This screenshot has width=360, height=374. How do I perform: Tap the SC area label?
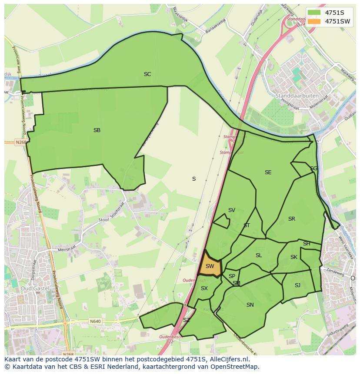147,74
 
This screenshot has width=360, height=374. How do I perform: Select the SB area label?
97,130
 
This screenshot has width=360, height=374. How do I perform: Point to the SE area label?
268,172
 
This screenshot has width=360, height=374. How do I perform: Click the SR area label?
291,219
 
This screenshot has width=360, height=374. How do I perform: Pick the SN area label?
250,305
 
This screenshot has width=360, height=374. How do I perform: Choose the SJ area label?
297,285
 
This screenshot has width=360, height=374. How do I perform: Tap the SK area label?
294,257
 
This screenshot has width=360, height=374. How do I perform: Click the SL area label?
259,255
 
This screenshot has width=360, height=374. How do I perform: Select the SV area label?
231,210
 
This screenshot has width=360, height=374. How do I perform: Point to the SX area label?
204,288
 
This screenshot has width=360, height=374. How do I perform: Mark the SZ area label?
187,320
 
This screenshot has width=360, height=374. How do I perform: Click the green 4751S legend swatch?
314,13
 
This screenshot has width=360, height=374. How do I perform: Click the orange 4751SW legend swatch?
314,21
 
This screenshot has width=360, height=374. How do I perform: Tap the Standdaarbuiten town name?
297,96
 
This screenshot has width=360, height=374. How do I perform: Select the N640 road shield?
95,321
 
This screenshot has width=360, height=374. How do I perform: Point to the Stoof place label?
103,220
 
